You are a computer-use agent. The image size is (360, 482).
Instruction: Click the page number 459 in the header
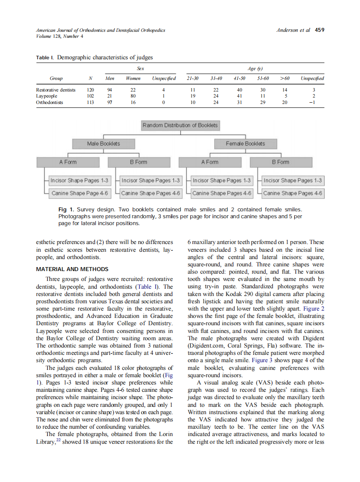[x=320, y=30]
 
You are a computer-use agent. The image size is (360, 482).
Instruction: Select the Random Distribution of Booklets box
[x=180, y=125]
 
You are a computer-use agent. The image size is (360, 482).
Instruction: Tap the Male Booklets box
[x=104, y=143]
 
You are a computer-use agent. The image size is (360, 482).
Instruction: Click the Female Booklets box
[x=245, y=143]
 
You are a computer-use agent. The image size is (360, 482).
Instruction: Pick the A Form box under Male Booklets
[x=68, y=162]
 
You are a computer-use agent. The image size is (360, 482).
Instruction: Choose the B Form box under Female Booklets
[x=281, y=162]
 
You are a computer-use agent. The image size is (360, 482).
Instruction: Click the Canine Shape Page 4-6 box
[x=79, y=193]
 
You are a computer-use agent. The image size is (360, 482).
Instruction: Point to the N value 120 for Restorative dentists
[x=90, y=90]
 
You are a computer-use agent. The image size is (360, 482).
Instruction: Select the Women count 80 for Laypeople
[x=133, y=96]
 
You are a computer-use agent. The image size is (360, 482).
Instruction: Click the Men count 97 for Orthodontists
[x=110, y=103]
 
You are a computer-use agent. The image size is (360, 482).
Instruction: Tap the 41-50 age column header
[x=239, y=78]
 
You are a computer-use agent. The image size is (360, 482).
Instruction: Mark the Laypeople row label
[x=46, y=96]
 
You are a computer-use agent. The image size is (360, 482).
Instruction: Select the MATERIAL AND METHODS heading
[x=72, y=269]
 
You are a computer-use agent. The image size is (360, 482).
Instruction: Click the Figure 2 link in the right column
[x=314, y=308]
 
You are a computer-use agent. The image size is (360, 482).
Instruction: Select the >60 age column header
[x=284, y=78]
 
